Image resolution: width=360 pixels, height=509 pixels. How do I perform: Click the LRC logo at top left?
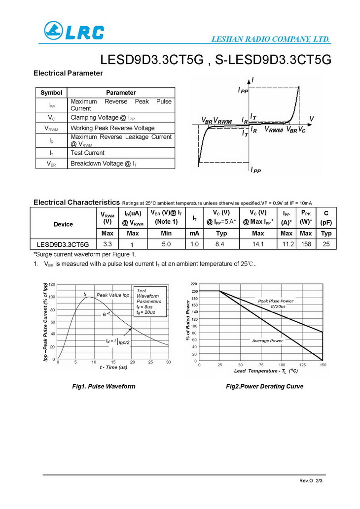pos(74,32)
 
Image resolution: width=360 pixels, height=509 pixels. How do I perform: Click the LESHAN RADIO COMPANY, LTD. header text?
pos(271,39)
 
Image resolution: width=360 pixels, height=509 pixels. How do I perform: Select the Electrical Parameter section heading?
pos(68,73)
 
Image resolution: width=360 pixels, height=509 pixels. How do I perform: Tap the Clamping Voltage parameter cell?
pos(103,118)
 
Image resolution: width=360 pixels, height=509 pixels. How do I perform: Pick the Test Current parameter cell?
pos(87,153)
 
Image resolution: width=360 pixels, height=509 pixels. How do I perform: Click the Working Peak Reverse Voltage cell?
pos(112,128)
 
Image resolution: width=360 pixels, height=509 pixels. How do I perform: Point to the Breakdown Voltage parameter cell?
pos(104,164)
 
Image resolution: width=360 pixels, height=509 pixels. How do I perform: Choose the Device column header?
pos(63,224)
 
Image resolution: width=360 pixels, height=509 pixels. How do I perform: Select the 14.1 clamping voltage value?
pos(258,244)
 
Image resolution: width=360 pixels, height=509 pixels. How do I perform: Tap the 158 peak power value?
pos(306,244)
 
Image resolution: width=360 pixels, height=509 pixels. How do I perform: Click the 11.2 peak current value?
pos(287,244)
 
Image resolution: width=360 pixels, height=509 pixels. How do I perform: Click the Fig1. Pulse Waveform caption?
pos(104,386)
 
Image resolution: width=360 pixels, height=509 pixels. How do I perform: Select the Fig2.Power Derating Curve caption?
pos(265,386)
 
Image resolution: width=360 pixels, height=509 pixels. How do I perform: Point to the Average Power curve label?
pos(267,340)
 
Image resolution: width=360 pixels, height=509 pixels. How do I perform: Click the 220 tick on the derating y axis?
pos(193,284)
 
